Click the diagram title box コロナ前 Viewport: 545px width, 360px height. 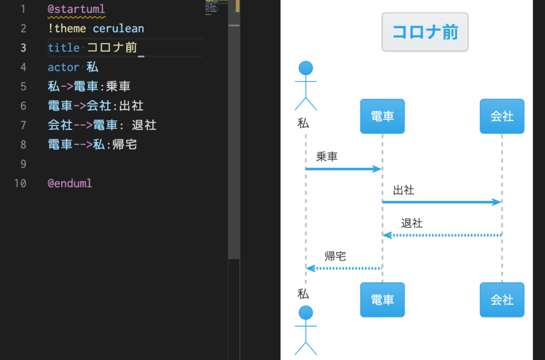425,32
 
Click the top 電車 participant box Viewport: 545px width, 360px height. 382,116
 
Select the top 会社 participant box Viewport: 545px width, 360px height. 501,116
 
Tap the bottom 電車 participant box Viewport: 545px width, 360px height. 382,300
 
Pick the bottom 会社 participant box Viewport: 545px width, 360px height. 501,300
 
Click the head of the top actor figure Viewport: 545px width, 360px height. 305,69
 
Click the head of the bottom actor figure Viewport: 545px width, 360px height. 305,313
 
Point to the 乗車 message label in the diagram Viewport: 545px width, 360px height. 327,157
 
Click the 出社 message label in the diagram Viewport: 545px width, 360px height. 403,190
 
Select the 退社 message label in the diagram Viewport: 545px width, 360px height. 411,223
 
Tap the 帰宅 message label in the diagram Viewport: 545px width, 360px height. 335,256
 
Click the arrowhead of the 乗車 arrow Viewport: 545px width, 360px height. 378,169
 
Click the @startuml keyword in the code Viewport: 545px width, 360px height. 77,9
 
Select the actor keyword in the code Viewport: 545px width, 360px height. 63,67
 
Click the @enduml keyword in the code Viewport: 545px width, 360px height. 70,183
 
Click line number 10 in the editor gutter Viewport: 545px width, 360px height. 20,183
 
